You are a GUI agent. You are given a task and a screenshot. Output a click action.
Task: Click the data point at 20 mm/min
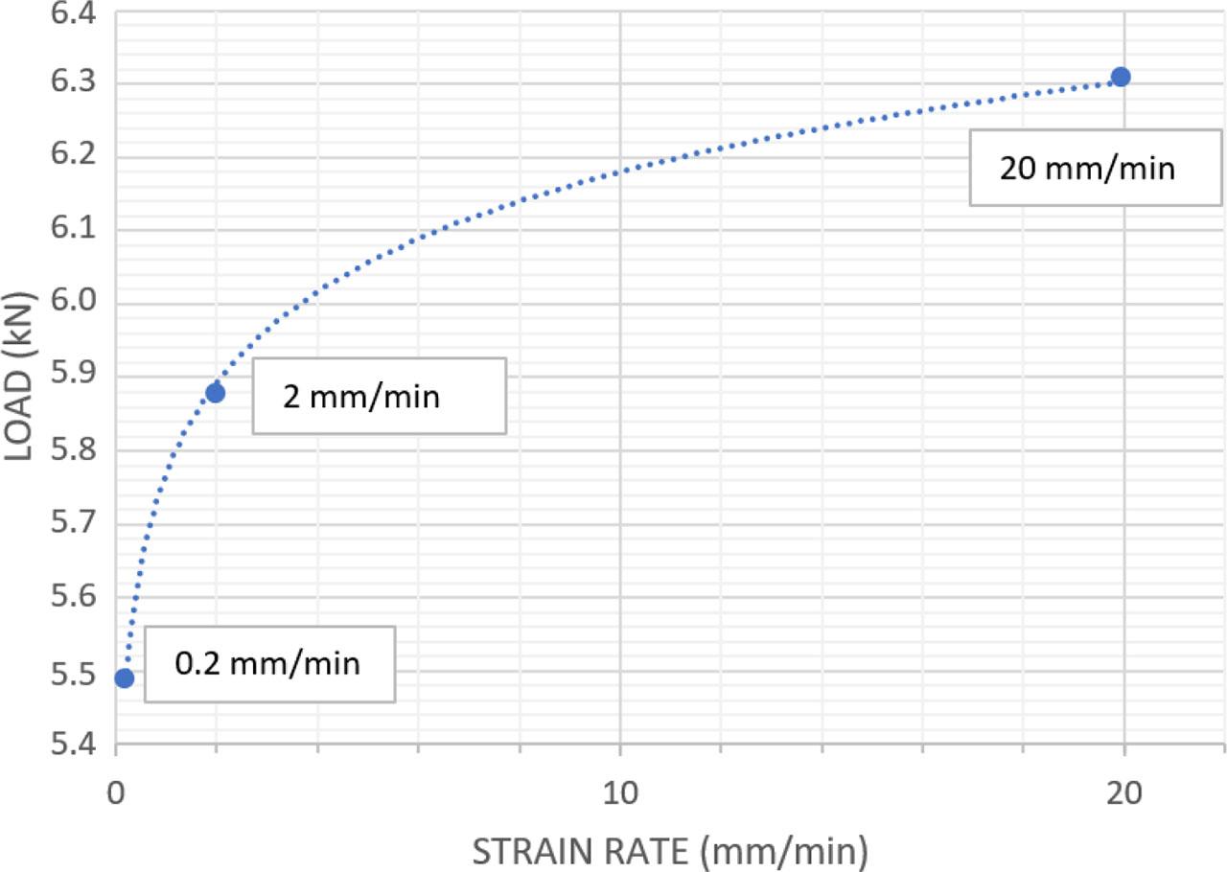[1121, 77]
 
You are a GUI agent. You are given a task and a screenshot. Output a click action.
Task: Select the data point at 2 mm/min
[215, 392]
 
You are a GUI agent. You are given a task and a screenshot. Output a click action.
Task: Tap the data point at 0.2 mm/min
[124, 678]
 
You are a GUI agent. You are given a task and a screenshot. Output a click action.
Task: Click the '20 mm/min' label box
[1086, 169]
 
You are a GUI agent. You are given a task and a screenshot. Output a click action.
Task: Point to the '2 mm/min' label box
[379, 396]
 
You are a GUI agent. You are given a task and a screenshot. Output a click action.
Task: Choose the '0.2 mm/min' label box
[269, 663]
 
